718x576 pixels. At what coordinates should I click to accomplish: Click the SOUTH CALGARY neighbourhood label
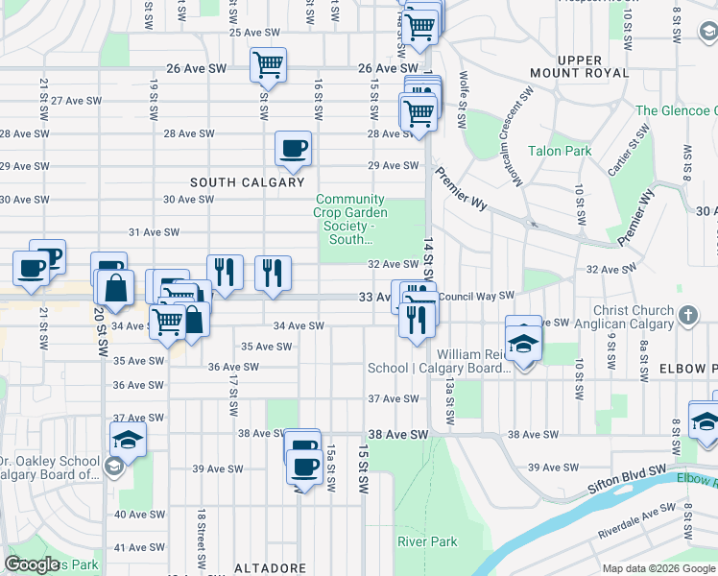247,182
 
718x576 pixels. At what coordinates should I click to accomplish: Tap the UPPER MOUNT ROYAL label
580,66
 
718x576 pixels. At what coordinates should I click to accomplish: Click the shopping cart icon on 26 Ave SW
268,65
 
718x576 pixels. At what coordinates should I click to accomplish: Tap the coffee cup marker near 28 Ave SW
293,148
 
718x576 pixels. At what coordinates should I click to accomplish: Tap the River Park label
428,541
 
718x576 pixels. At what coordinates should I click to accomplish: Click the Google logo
32,564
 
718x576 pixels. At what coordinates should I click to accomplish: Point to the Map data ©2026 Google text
658,568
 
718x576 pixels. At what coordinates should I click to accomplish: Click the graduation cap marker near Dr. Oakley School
126,441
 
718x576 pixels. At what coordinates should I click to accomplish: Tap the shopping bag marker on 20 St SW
114,288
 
